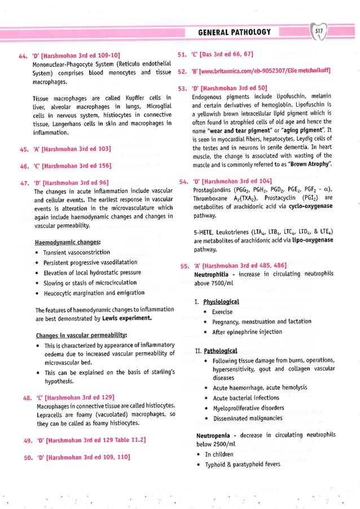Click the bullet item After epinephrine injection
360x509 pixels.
pos(247,331)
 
